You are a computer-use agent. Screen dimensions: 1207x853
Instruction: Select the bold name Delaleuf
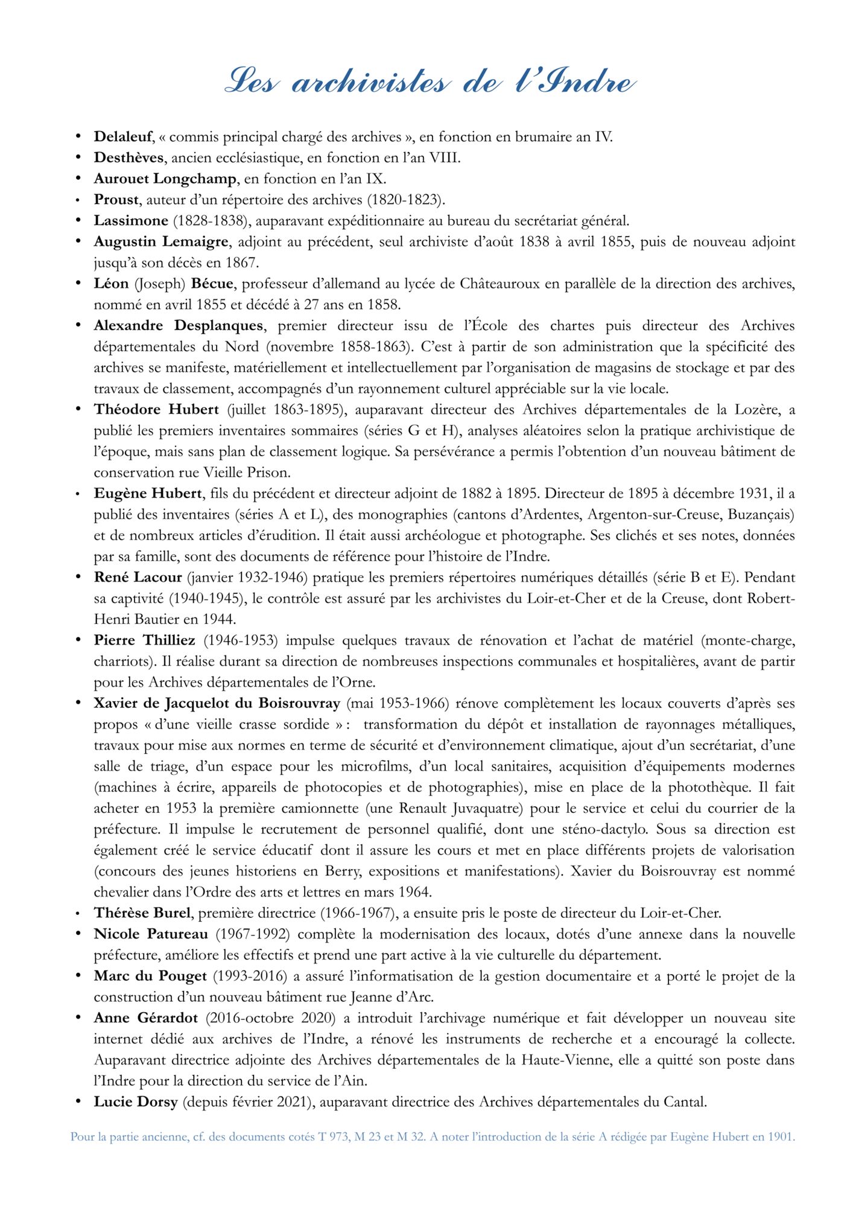[x=123, y=137]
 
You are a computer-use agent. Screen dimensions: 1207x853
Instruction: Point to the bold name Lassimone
[x=131, y=221]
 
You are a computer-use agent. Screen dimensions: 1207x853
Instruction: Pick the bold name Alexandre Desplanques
[x=179, y=326]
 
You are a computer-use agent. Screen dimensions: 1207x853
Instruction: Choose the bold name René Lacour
[x=138, y=578]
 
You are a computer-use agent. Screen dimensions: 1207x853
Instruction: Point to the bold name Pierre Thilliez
[x=144, y=640]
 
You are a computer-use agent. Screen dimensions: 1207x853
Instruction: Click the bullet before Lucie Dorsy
[x=78, y=1102]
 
